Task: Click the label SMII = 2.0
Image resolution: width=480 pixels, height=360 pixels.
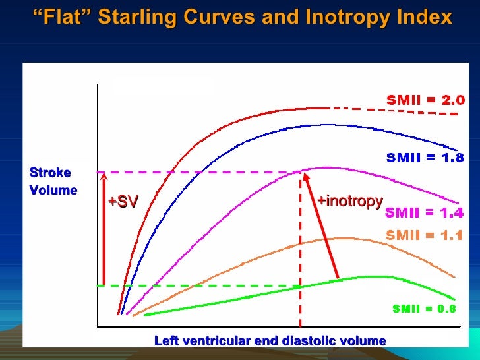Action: coord(425,100)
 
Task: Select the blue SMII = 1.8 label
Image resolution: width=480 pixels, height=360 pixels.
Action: coord(424,158)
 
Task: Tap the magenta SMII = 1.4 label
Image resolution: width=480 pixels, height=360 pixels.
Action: coord(424,212)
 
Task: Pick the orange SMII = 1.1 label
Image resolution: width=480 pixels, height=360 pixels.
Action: coord(424,235)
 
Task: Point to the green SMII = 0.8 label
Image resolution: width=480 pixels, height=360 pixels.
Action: coord(424,309)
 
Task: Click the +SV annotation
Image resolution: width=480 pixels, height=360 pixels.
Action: coord(123,202)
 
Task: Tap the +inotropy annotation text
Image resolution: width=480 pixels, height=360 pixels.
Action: coord(349,201)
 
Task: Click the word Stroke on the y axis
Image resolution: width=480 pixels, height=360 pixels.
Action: coord(50,173)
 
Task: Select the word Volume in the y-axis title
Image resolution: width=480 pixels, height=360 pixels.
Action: coord(53,191)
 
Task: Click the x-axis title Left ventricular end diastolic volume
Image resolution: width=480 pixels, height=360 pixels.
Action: coord(270,341)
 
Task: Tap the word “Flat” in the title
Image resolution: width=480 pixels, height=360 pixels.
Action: coord(62,17)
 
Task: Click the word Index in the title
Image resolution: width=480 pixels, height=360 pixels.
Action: coord(429,17)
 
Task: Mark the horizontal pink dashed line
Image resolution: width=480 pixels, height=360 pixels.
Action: coord(198,173)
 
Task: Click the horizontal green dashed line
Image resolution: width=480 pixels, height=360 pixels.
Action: coord(198,285)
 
